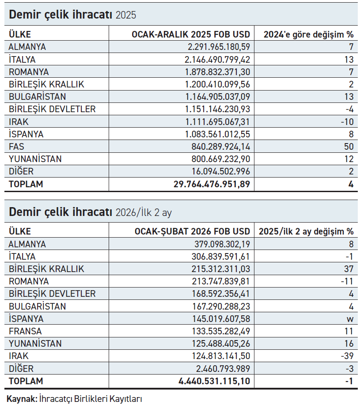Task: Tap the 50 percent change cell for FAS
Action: pyautogui.click(x=349, y=146)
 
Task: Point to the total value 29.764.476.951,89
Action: pyautogui.click(x=212, y=184)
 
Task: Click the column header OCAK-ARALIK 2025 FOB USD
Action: pyautogui.click(x=191, y=34)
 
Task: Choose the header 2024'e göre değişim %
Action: pyautogui.click(x=308, y=34)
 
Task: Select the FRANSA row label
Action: pyautogui.click(x=25, y=331)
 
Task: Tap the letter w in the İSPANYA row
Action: pyautogui.click(x=350, y=318)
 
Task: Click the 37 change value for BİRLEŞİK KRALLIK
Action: pyautogui.click(x=349, y=269)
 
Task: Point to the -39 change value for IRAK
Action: pyautogui.click(x=348, y=356)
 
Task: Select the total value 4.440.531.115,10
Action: pyautogui.click(x=214, y=381)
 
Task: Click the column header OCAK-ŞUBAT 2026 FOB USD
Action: pyautogui.click(x=192, y=231)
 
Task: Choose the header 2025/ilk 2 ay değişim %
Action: pyautogui.click(x=306, y=231)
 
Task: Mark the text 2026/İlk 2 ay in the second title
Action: pyautogui.click(x=144, y=213)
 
